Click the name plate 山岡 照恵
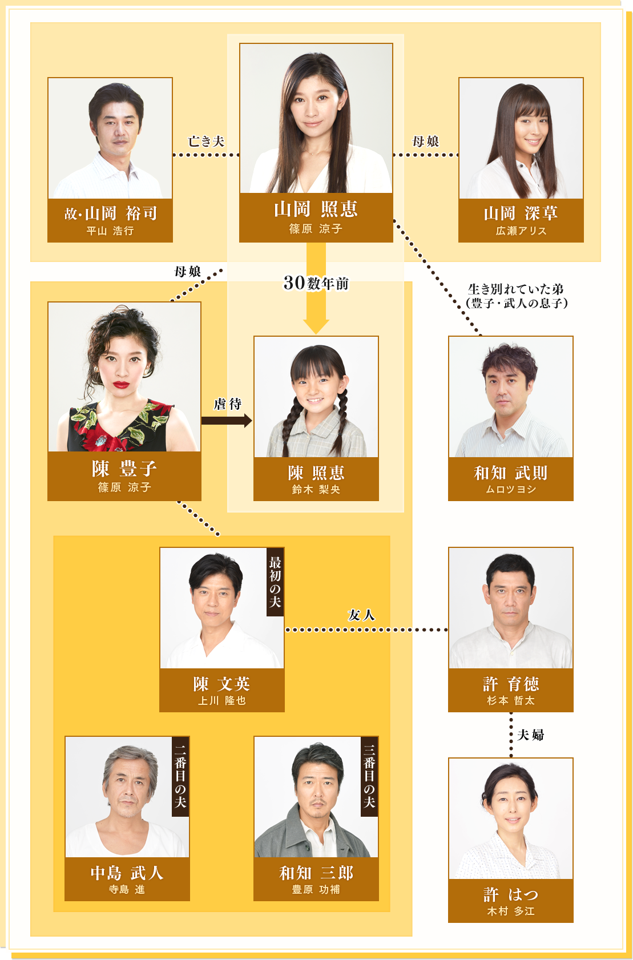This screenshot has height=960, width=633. coord(316,210)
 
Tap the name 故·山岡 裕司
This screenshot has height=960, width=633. coord(110,213)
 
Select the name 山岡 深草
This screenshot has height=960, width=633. coord(521,213)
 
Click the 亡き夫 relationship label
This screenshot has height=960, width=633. coord(206,142)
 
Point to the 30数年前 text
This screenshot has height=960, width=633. coord(316,283)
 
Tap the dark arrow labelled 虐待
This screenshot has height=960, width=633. coord(226,421)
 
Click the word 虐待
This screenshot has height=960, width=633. coord(228,404)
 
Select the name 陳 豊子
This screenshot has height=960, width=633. coord(124,469)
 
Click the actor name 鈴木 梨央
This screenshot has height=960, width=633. coord(316,490)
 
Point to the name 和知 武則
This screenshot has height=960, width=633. coord(510,473)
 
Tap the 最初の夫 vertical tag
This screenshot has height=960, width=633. coord(275,582)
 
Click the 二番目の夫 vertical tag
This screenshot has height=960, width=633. coord(180,776)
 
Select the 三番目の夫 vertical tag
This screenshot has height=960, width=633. coord(369,776)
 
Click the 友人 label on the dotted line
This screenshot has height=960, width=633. coord(361,615)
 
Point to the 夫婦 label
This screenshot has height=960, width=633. coord(530,735)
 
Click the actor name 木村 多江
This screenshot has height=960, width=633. coord(510,911)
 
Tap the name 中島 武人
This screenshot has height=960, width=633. coord(127,873)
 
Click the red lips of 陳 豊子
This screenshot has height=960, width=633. coord(121,385)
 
